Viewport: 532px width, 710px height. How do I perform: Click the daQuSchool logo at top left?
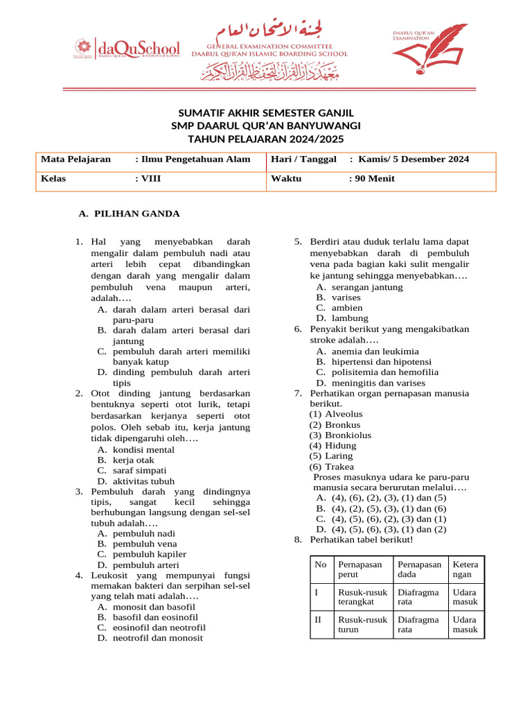pos(126,49)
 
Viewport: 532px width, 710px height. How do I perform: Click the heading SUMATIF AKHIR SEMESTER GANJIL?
pos(266,112)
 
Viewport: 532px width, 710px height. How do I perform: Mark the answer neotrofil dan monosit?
pos(158,638)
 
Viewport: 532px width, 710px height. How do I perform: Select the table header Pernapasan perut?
pos(360,570)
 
